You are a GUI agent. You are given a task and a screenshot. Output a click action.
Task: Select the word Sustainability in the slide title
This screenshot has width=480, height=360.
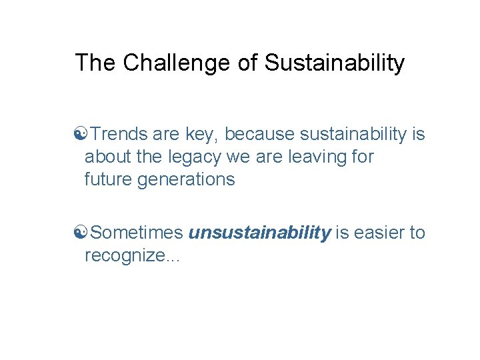[334, 63]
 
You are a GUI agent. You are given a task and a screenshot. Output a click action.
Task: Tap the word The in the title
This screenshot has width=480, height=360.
[95, 63]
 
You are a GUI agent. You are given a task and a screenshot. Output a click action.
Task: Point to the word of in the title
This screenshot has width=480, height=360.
[247, 63]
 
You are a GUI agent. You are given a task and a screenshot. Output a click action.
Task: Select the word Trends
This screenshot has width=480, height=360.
[119, 135]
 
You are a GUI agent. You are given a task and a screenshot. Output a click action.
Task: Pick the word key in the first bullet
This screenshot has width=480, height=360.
[201, 135]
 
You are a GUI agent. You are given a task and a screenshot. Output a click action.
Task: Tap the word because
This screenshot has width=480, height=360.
[259, 135]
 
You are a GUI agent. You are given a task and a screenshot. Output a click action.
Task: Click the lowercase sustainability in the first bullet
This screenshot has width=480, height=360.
[353, 135]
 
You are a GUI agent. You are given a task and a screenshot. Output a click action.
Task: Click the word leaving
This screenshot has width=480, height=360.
[315, 157]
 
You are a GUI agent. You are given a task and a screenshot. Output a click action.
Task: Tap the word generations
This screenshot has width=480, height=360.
[186, 179]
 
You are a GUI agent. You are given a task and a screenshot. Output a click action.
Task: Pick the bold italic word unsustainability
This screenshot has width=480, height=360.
[259, 233]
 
